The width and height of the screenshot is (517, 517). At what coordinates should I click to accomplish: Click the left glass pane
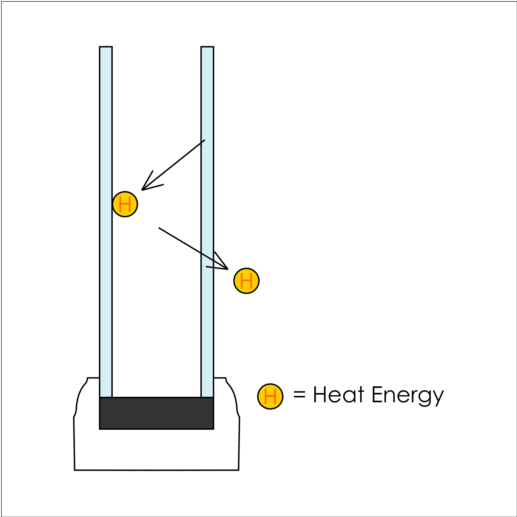pyautogui.click(x=106, y=221)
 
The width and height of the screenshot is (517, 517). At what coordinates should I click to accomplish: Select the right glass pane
pyautogui.click(x=207, y=221)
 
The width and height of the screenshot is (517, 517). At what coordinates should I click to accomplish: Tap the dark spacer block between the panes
pyautogui.click(x=156, y=413)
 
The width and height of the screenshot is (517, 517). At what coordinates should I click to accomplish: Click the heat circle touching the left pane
pyautogui.click(x=125, y=204)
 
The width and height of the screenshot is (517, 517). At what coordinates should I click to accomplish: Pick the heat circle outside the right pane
pyautogui.click(x=246, y=281)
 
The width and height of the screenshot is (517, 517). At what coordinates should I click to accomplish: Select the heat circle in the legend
pyautogui.click(x=271, y=396)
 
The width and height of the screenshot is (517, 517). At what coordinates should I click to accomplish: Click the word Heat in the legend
pyautogui.click(x=338, y=395)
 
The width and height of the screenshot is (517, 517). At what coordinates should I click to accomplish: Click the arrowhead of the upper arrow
pyautogui.click(x=143, y=189)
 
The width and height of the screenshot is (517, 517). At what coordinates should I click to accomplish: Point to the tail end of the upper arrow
pyautogui.click(x=204, y=140)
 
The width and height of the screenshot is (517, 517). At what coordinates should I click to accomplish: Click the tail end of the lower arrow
pyautogui.click(x=159, y=228)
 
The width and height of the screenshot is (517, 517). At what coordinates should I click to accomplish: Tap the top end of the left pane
pyautogui.click(x=106, y=48)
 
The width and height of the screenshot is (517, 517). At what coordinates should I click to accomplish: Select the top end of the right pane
pyautogui.click(x=207, y=48)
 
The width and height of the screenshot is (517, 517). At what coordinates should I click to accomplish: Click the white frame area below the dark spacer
pyautogui.click(x=156, y=450)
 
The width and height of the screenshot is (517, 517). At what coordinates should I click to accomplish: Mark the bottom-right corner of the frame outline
pyautogui.click(x=239, y=470)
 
